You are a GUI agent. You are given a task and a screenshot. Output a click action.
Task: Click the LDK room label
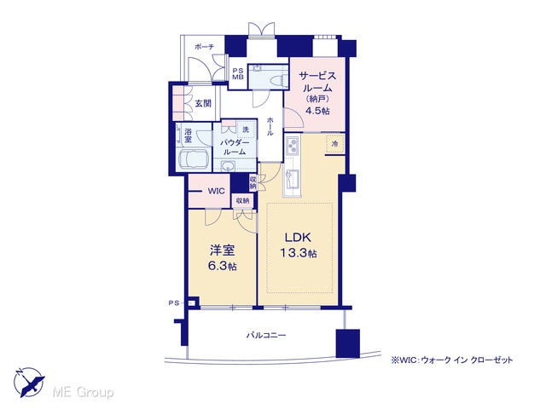coord(298,237)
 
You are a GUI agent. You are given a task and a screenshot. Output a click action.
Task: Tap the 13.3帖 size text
coord(299,253)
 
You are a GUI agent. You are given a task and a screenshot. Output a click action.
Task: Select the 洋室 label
coord(222,250)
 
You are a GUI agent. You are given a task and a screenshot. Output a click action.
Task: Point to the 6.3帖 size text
coord(222,266)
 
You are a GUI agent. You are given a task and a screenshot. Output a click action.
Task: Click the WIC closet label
coord(216,191)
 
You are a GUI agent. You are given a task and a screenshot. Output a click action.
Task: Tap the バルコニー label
coord(266,335)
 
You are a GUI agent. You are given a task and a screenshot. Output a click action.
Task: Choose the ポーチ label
coord(205,47)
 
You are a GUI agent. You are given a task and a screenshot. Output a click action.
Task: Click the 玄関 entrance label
coord(203,103)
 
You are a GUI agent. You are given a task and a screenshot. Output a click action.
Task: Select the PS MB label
coord(238,74)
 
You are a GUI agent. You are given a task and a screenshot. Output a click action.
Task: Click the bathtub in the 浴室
coord(194,159)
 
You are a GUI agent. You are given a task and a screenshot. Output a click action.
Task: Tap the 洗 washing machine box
coord(246,129)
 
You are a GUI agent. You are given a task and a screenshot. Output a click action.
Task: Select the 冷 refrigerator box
coord(335,144)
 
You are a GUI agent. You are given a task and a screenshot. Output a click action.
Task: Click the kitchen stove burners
coord(292,146)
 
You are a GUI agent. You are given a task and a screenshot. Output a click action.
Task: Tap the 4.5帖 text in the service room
coord(317,111)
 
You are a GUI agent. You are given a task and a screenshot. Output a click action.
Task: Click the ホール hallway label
coord(270,126)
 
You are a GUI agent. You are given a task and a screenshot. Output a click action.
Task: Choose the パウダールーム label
coord(235,147)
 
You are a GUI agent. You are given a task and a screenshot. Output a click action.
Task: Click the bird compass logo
coord(29,382)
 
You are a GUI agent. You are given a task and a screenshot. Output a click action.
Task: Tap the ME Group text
coord(83,393)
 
